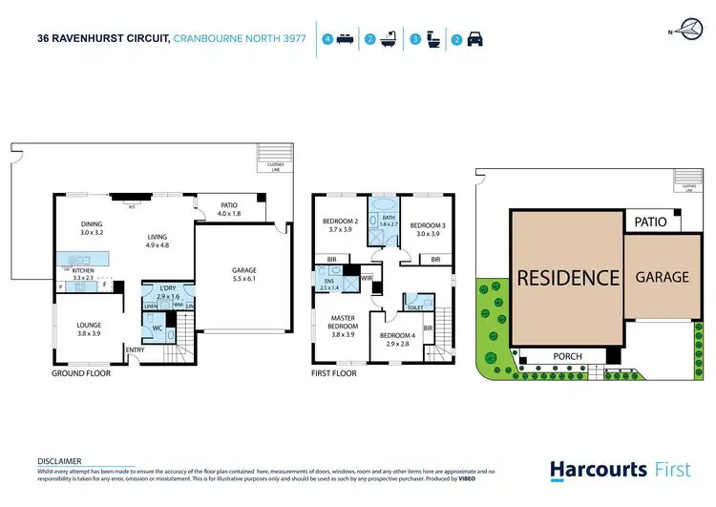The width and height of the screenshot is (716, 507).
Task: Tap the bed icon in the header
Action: (x=345, y=40)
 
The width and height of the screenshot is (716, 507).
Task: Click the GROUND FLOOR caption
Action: (x=81, y=373)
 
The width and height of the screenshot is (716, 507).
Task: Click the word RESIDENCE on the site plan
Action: (x=568, y=278)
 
